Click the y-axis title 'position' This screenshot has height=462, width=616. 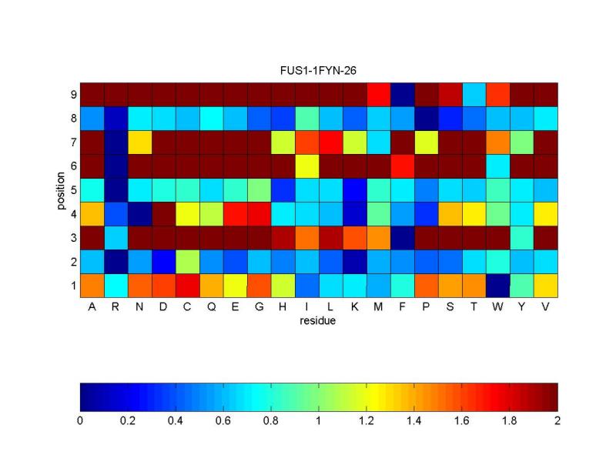pyautogui.click(x=60, y=189)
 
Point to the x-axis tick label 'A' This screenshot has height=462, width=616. pyautogui.click(x=92, y=307)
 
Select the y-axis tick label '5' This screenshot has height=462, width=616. pyautogui.click(x=72, y=189)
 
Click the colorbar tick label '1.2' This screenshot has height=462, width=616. pyautogui.click(x=367, y=421)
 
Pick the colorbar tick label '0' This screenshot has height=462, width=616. pyautogui.click(x=80, y=421)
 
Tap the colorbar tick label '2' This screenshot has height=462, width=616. pyautogui.click(x=557, y=421)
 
